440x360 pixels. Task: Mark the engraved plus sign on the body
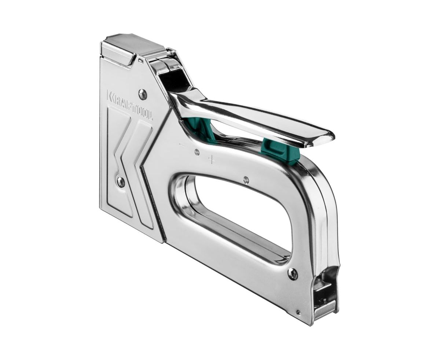[x=212, y=160]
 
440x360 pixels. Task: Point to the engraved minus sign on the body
[x=181, y=144]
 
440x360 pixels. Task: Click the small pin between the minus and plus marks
[x=197, y=153]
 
